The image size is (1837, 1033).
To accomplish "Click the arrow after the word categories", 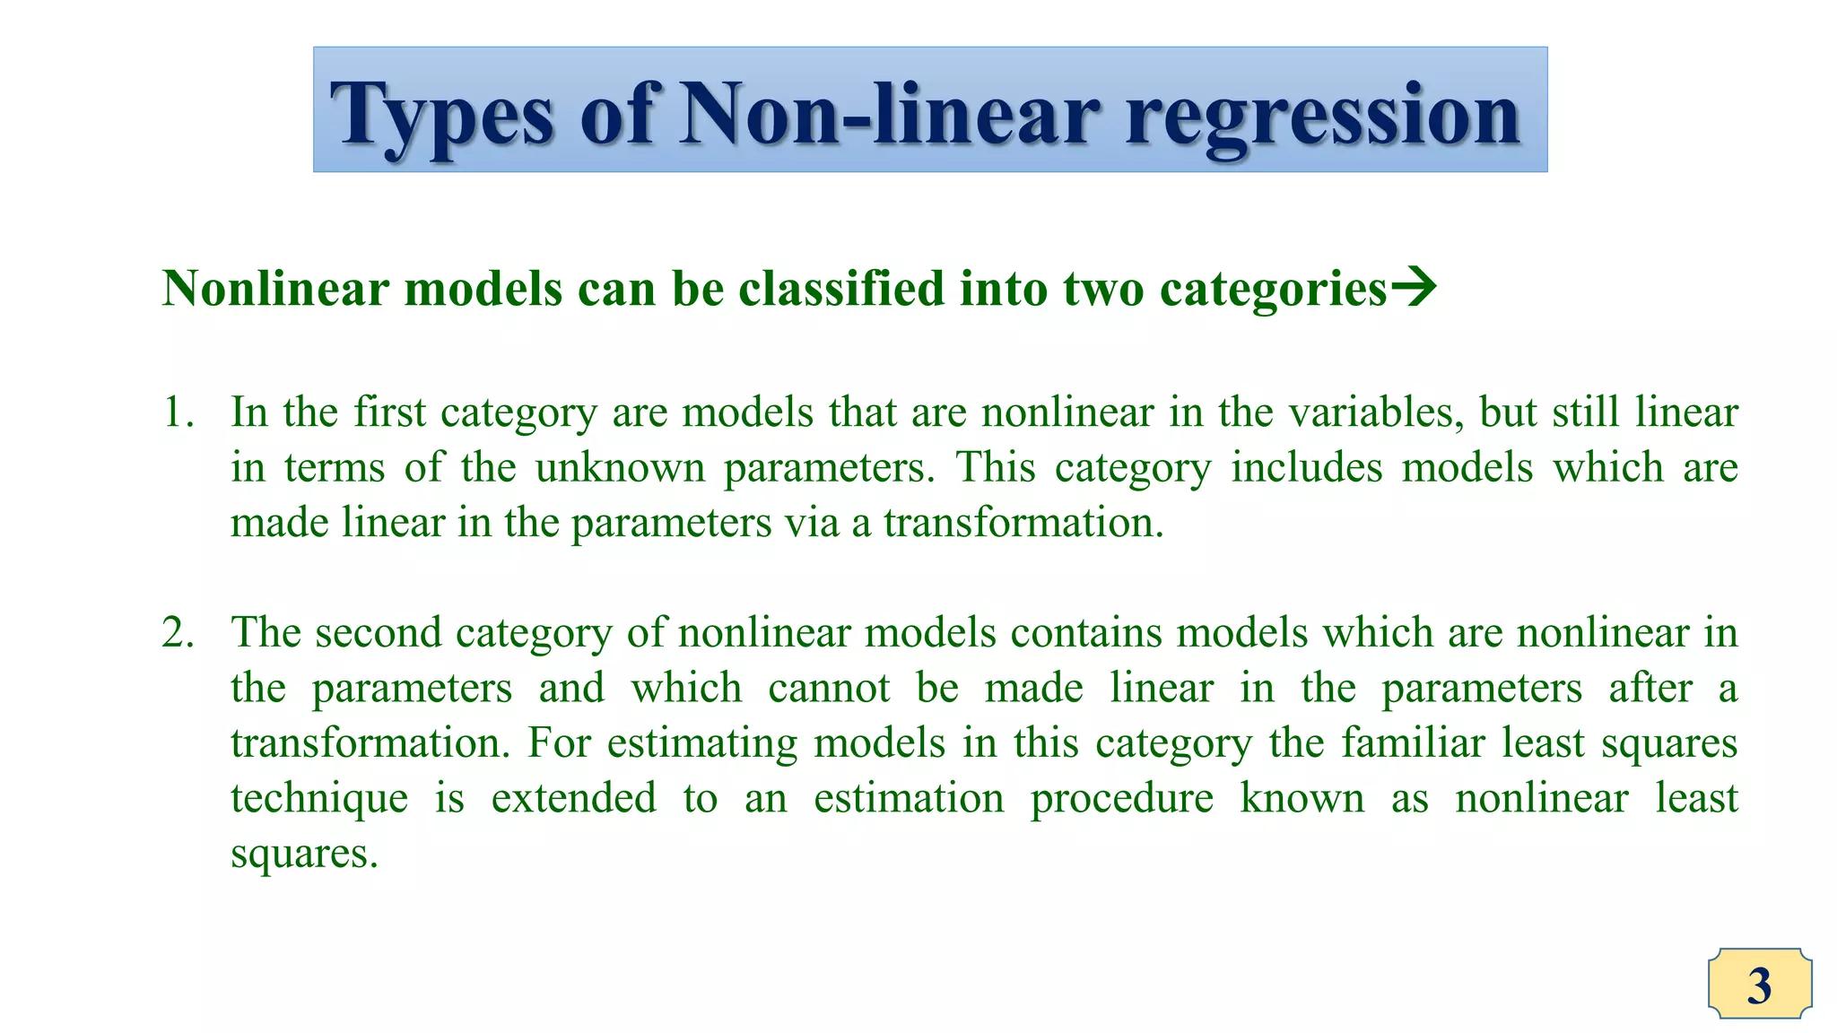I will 1414,288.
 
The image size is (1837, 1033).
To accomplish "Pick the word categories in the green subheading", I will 1273,291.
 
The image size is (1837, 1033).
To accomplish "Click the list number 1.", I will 177,412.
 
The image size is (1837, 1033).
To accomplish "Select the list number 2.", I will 177,633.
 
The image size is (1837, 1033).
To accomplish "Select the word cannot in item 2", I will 829,689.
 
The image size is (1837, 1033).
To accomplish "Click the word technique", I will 319,799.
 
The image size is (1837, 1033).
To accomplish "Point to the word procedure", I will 1121,799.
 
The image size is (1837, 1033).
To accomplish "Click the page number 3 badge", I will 1759,985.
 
